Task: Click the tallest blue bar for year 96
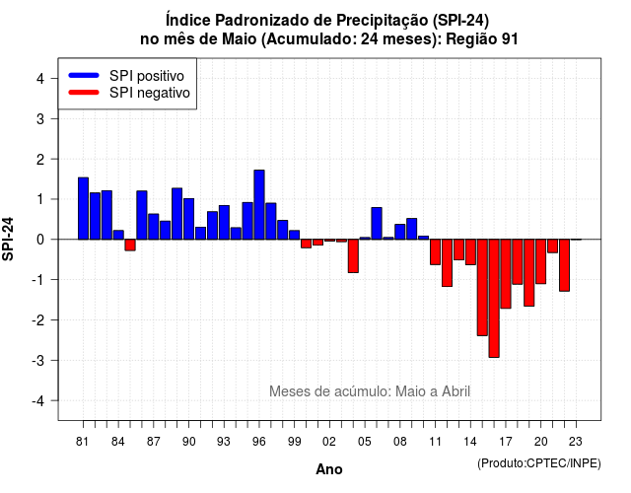point(259,204)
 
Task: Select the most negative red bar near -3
point(494,298)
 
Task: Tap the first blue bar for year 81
point(83,208)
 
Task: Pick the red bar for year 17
point(506,274)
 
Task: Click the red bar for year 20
point(541,261)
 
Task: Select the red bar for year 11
point(435,252)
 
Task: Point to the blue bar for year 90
point(188,219)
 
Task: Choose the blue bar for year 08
point(400,232)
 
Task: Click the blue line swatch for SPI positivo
point(84,75)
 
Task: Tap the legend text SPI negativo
point(149,93)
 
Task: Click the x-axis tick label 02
point(329,442)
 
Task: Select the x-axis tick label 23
point(576,442)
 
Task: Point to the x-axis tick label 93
point(224,442)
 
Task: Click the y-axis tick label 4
point(40,79)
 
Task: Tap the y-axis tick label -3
point(37,360)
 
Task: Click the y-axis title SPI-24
point(8,239)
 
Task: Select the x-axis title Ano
point(329,469)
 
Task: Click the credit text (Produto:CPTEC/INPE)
point(539,463)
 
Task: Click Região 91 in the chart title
point(482,39)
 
